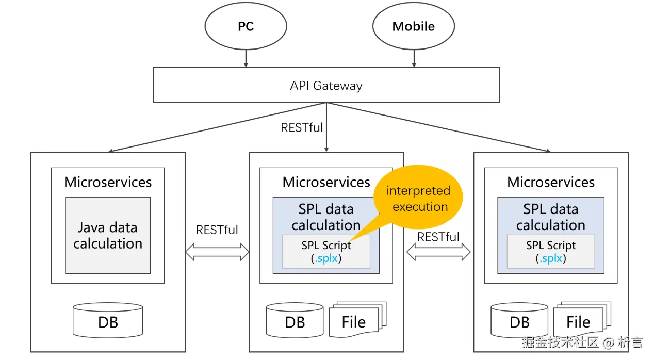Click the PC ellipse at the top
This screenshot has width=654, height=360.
pos(246,27)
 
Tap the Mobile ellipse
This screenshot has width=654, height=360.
pos(413,27)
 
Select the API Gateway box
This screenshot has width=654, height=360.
pos(326,85)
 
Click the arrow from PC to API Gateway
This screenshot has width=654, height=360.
pos(246,58)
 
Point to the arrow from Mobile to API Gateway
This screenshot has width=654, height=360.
pos(413,58)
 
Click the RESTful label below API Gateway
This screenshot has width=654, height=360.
pos(302,127)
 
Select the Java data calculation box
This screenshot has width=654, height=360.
pos(108,235)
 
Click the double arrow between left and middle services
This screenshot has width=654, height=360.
pos(217,252)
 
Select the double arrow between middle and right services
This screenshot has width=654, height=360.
pos(438,252)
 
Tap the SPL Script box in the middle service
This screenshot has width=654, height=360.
pos(326,252)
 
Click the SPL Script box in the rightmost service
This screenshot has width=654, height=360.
pos(551,252)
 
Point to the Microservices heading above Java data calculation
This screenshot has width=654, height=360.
pos(108,182)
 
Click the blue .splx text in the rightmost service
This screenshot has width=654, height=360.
pos(551,258)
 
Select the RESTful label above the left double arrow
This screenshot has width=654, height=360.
pos(217,230)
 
